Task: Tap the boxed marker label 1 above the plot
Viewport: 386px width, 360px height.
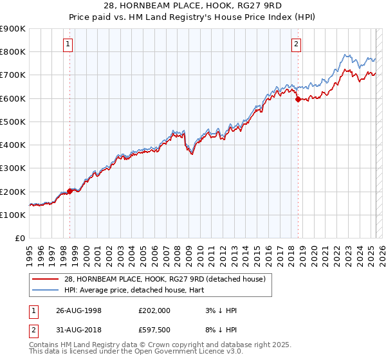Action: coord(68,44)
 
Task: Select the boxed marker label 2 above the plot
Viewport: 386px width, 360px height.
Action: coord(296,44)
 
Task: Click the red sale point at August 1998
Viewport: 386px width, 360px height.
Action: coord(70,191)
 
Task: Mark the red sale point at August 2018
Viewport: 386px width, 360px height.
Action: coord(298,99)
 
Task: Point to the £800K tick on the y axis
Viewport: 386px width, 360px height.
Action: coord(13,52)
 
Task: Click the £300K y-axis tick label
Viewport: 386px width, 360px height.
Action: coord(13,168)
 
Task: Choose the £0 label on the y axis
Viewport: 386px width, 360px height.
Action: coord(20,239)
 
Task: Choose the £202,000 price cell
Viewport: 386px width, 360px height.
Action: coord(154,310)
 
